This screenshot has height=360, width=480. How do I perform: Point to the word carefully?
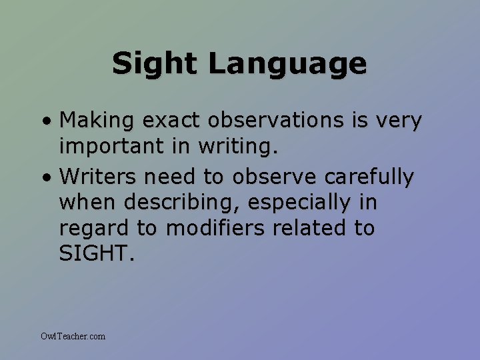(x=369, y=177)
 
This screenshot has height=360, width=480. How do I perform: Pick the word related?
(x=307, y=228)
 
